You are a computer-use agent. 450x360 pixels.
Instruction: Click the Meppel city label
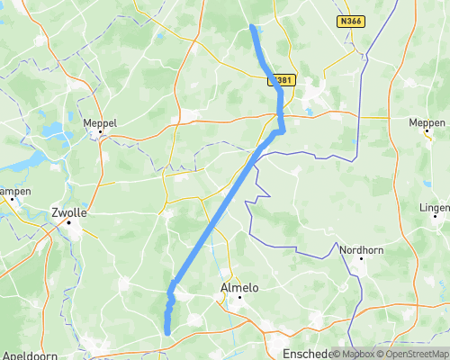(100, 122)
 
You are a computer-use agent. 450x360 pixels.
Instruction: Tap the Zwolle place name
(69, 214)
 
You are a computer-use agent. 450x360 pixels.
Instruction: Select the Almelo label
(239, 288)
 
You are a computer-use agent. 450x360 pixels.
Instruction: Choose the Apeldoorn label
(28, 354)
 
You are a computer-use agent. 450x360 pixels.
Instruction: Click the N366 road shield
(352, 20)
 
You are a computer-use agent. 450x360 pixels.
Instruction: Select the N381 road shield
(283, 80)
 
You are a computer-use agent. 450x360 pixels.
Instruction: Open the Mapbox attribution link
(354, 354)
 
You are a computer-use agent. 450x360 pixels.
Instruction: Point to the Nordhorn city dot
(360, 260)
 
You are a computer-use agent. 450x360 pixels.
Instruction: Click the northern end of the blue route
(252, 27)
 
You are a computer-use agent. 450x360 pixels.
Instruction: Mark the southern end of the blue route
(167, 333)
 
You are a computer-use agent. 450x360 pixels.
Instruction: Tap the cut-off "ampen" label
(15, 191)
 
